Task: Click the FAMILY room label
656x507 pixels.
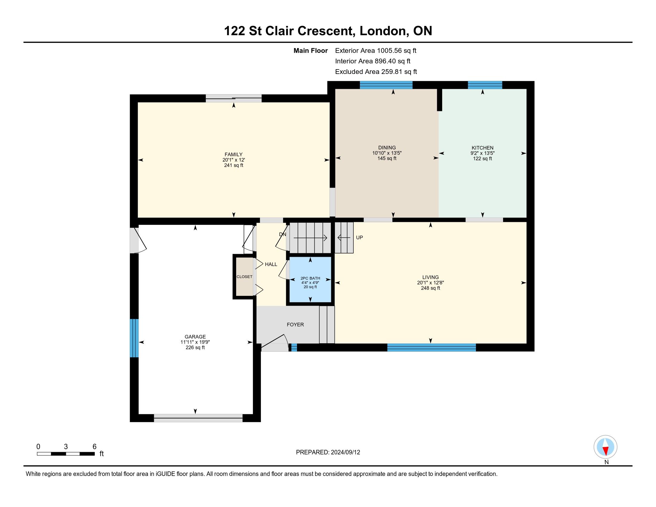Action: pos(233,154)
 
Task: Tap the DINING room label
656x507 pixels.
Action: pos(387,147)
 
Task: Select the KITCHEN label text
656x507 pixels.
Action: pos(482,148)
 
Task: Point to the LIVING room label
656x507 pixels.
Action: pos(430,277)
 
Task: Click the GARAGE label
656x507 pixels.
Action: pos(195,337)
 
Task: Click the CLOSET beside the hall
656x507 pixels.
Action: pos(244,277)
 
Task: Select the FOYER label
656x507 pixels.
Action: pos(295,324)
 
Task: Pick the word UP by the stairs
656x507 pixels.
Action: pos(360,238)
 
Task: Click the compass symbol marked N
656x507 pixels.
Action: pos(606,447)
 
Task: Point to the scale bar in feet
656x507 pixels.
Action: pos(66,454)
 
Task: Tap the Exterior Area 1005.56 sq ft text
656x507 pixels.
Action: pos(376,50)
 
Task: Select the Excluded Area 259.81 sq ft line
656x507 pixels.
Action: pos(376,72)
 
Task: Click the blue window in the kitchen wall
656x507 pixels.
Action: pos(485,85)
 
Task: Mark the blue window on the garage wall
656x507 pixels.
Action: pos(134,338)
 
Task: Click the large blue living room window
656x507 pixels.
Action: pos(431,347)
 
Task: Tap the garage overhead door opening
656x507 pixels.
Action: pos(198,418)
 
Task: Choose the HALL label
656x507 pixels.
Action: pos(271,264)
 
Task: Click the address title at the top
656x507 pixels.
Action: pos(328,31)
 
